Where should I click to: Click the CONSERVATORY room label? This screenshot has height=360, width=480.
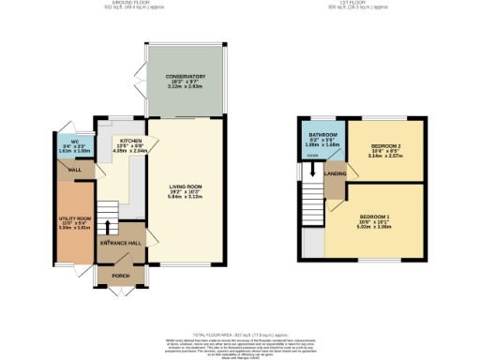coord(186,76)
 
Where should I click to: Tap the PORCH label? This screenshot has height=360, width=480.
coord(121,276)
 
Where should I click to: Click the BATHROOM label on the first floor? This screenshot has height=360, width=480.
coord(322,136)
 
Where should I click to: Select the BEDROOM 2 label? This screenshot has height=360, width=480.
coord(387,147)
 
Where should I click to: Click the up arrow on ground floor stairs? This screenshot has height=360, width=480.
coord(108,227)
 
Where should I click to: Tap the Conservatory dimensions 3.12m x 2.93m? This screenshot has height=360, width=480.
coord(186,87)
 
